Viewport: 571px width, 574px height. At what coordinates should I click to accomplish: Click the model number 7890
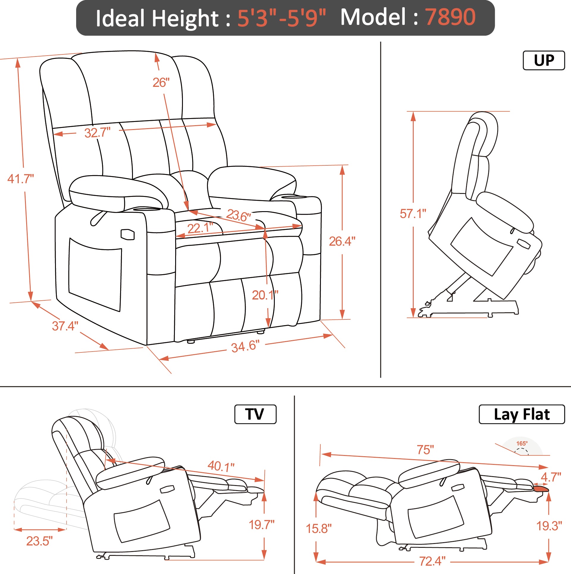pos(450,17)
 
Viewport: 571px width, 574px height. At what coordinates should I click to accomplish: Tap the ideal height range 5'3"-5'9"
pos(282,18)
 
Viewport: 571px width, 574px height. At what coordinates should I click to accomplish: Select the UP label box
pos(544,60)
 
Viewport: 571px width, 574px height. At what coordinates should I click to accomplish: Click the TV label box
pos(255,414)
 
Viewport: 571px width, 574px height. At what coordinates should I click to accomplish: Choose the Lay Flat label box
pos(522,414)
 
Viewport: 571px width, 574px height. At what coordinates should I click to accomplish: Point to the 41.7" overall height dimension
pos(21,179)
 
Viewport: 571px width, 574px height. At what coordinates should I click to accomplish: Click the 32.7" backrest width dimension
pos(97,133)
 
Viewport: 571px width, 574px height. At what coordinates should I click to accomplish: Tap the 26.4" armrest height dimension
pos(342,241)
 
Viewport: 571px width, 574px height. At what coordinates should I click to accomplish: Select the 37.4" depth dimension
pos(65,326)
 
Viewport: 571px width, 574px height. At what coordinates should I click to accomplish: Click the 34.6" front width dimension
pos(245,346)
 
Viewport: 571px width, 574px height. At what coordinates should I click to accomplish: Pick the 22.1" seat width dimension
pos(200,228)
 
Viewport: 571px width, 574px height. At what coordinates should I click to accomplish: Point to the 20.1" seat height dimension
pos(265,295)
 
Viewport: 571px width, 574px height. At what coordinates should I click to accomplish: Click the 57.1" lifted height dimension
pos(413,214)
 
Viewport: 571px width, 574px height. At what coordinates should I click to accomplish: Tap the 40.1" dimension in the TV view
pos(221,466)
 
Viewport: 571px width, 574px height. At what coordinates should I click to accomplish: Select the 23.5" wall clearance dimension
pos(39,541)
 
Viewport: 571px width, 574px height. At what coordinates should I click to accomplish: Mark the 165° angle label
pos(522,443)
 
